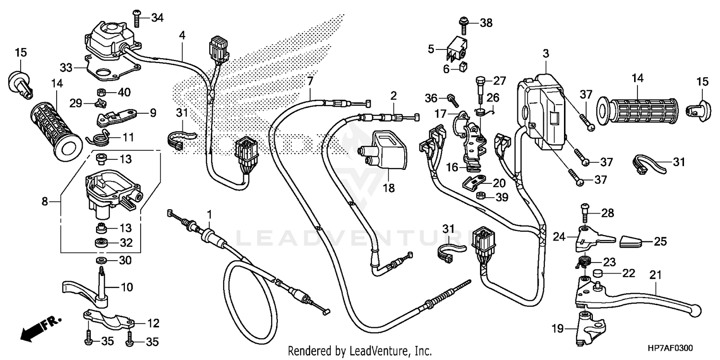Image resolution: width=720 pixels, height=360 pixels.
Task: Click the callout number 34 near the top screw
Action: (x=157, y=18)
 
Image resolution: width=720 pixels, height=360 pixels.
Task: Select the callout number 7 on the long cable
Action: (x=310, y=80)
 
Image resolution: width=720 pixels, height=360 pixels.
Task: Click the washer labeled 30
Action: (x=102, y=260)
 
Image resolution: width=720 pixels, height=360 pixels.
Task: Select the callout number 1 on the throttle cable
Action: (x=209, y=213)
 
